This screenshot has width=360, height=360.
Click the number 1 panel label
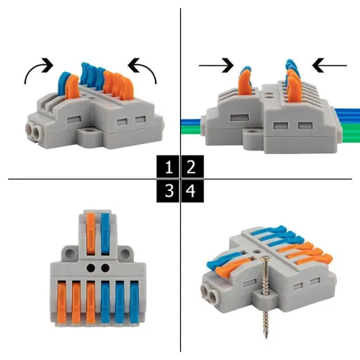pyautogui.click(x=169, y=167)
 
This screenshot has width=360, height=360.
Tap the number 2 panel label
pyautogui.click(x=191, y=167)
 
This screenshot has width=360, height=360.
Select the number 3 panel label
pyautogui.click(x=169, y=191)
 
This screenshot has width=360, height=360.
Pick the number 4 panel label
pyautogui.click(x=191, y=191)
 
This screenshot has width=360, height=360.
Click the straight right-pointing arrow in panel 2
pyautogui.click(x=216, y=66)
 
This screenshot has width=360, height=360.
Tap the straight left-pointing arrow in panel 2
pyautogui.click(x=330, y=66)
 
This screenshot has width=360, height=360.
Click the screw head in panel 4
pyautogui.click(x=264, y=258)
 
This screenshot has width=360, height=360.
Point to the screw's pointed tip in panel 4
pyautogui.click(x=266, y=338)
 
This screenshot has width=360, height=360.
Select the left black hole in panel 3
pyautogui.click(x=91, y=268)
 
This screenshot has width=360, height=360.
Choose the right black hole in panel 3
pyautogui.click(x=105, y=268)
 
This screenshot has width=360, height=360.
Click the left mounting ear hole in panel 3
pyautogui.click(x=70, y=253)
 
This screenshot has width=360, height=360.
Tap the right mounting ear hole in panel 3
pyautogui.click(x=125, y=253)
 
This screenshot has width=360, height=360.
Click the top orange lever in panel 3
pyautogui.click(x=91, y=233)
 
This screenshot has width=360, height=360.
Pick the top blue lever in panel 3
pyautogui.click(x=105, y=233)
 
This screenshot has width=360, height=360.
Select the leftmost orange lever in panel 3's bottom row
pyautogui.click(x=62, y=302)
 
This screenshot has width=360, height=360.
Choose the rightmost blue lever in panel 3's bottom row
pyautogui.click(x=135, y=302)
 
